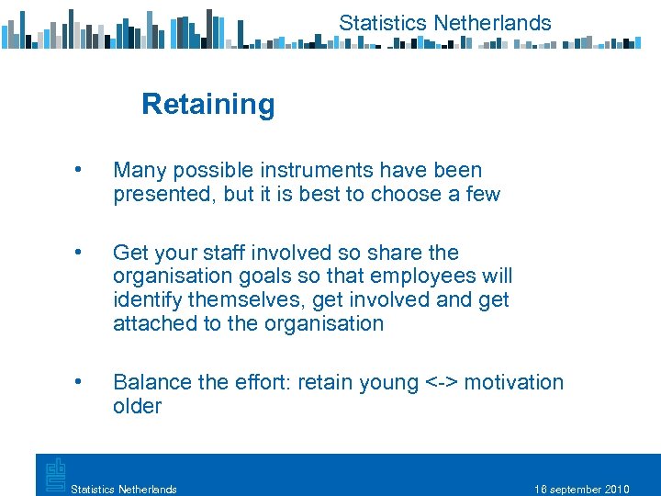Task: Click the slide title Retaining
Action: (x=208, y=105)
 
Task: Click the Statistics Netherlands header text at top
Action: (x=445, y=23)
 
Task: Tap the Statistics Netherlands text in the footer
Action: (x=124, y=489)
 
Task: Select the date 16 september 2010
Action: (x=581, y=489)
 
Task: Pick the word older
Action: (x=138, y=406)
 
